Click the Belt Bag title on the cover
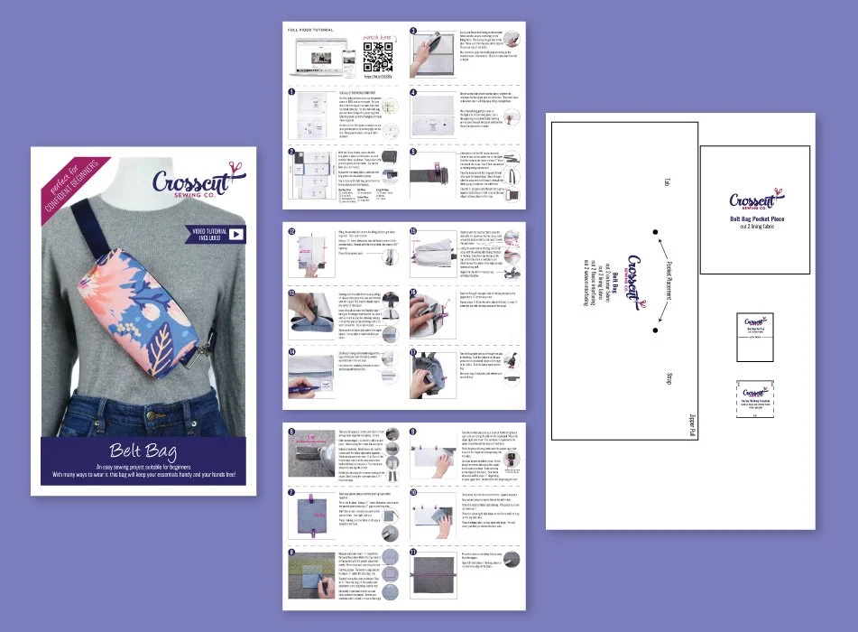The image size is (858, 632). click(143, 451)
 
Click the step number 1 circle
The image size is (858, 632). click(292, 92)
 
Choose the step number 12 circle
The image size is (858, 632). click(291, 230)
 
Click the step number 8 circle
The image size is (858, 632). click(291, 551)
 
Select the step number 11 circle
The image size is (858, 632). click(414, 552)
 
